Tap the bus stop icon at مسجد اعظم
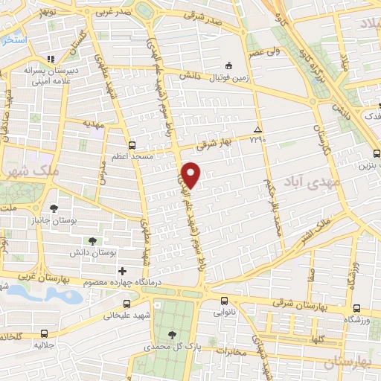point(132,145)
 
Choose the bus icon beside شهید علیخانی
point(126,304)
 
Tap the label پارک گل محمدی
point(172,347)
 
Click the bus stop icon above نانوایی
point(225,301)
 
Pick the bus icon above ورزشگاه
point(356,308)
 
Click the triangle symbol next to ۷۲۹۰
point(258,128)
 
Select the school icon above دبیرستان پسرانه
point(50,59)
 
